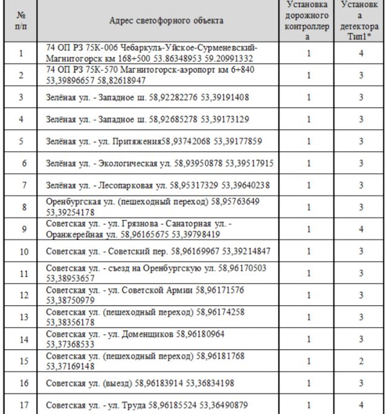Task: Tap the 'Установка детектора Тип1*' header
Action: tap(361, 21)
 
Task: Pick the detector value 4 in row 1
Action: tap(361, 53)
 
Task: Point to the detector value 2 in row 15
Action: tap(361, 361)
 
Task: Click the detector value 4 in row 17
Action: tap(361, 405)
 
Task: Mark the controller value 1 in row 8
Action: tap(308, 207)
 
